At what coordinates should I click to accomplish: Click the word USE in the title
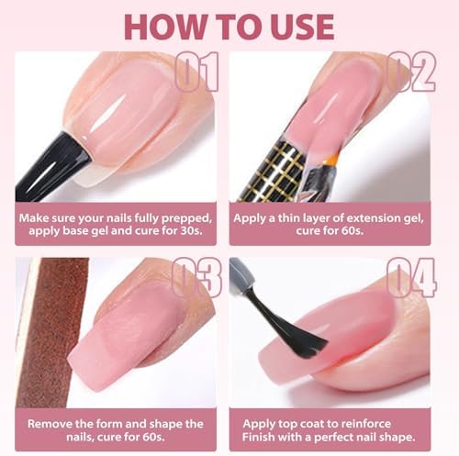(x=302, y=27)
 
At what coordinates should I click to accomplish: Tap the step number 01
(x=196, y=72)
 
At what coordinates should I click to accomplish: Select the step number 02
(x=411, y=72)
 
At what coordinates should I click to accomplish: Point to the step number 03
(x=196, y=277)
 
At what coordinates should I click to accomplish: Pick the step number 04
(x=411, y=277)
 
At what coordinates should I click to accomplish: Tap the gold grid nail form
(x=274, y=172)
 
